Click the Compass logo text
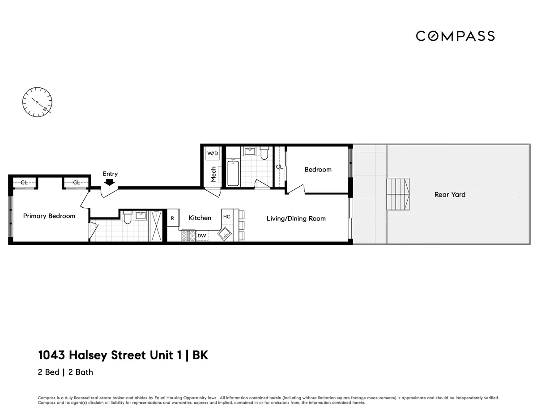tap(455, 36)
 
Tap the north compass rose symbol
tap(37, 102)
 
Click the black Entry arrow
tap(109, 182)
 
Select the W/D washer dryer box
tap(213, 154)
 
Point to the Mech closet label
tap(213, 174)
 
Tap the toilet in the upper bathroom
tap(264, 154)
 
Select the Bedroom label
tap(318, 169)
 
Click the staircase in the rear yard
tap(398, 194)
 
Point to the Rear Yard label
tap(450, 194)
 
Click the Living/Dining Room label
tap(296, 218)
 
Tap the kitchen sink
tap(226, 233)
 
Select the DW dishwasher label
tap(202, 235)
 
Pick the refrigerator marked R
tap(173, 218)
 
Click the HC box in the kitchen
tap(227, 217)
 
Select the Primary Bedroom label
tap(49, 216)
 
